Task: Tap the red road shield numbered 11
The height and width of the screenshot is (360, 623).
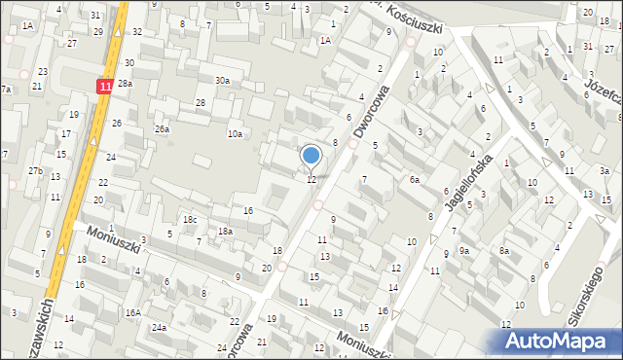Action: click(105, 86)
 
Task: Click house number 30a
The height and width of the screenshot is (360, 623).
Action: click(222, 81)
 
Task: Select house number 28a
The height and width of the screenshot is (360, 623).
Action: click(125, 85)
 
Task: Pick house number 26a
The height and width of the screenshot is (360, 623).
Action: click(162, 128)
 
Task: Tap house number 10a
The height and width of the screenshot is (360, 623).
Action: click(235, 133)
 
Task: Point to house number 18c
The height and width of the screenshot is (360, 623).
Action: click(190, 220)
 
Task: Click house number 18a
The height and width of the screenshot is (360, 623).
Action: click(225, 232)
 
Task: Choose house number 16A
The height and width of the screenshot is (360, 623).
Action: click(132, 312)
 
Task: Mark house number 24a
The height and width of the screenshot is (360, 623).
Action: click(159, 328)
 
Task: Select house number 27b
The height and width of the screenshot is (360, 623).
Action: click(35, 171)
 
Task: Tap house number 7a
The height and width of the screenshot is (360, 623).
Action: click(6, 90)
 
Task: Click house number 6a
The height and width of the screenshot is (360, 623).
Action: click(414, 180)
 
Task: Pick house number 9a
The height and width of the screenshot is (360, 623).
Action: click(464, 251)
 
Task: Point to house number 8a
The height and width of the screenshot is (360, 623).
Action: click(504, 251)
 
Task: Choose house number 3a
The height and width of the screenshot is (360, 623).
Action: click(605, 171)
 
